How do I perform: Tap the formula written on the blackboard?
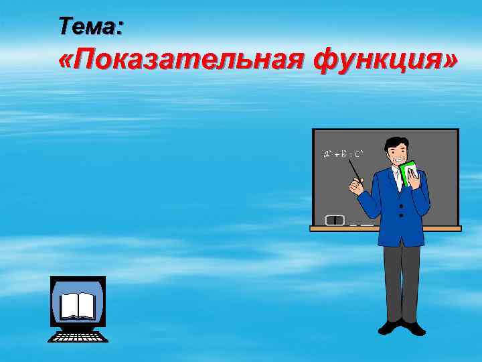(343, 155)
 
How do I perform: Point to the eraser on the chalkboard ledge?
(335, 219)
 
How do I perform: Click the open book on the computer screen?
(78, 306)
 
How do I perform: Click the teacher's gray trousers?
(402, 282)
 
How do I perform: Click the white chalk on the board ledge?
(362, 225)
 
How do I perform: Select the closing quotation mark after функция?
(451, 62)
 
